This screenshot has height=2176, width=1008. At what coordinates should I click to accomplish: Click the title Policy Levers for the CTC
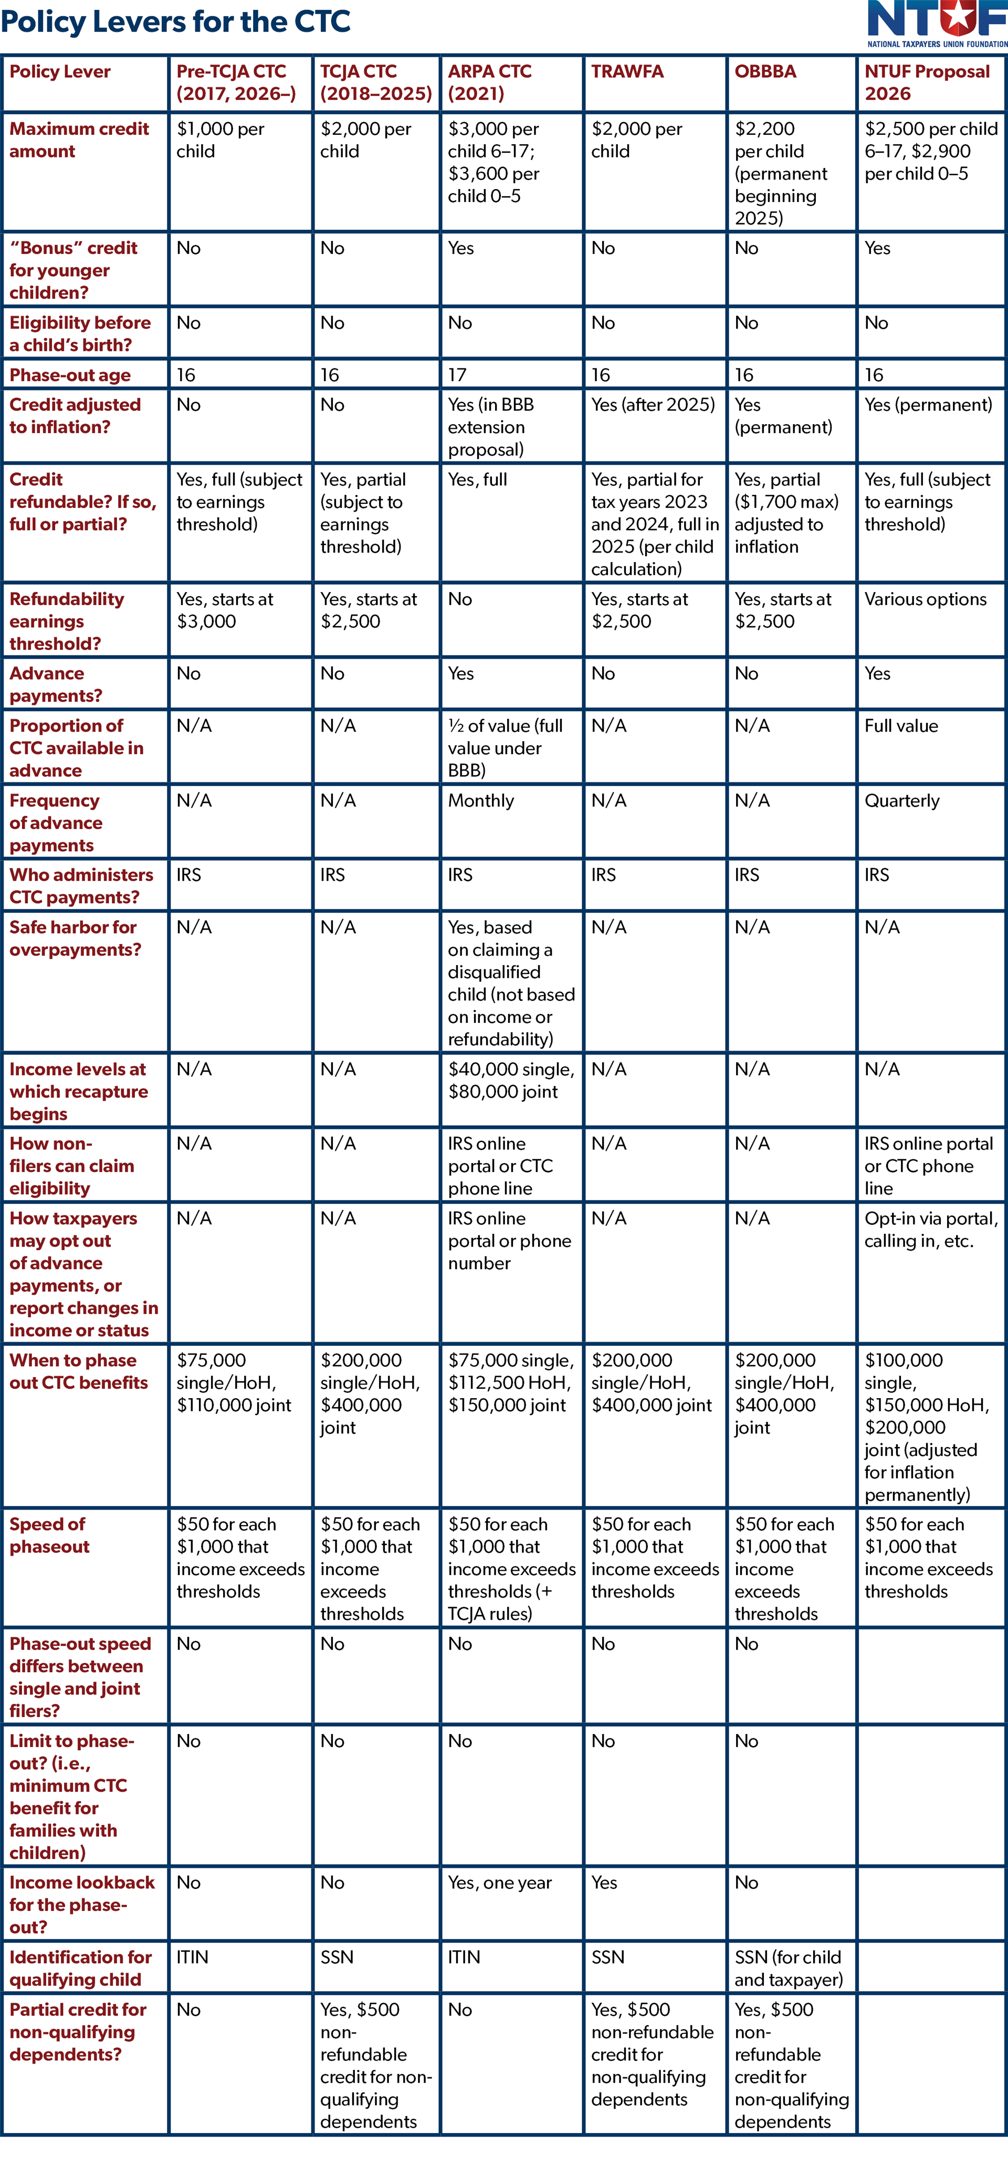[176, 21]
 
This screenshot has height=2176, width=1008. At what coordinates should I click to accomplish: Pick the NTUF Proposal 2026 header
[926, 83]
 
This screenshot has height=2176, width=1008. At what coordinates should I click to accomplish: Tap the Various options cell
[925, 599]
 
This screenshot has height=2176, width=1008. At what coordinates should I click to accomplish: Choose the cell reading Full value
[901, 726]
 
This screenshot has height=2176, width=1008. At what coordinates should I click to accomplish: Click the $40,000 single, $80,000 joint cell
[510, 1081]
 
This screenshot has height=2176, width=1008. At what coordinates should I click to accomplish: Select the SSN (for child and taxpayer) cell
[787, 1968]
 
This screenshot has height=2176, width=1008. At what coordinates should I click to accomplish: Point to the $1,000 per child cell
[219, 140]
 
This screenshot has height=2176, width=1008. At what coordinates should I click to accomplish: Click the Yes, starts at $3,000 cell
[225, 610]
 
